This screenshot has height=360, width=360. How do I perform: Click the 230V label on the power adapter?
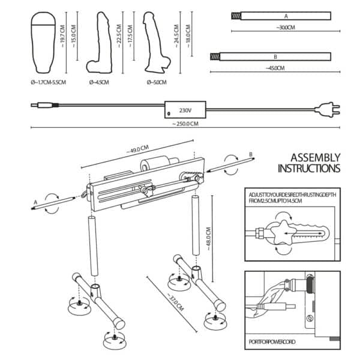tap(185, 110)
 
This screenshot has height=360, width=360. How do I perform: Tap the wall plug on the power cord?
tap(328, 110)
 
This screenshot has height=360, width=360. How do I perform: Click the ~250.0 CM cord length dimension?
tap(185, 124)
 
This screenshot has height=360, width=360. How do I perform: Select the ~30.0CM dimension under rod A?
tap(286, 28)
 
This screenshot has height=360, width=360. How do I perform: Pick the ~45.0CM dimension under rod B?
tap(275, 68)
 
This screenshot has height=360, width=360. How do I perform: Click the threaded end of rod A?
tap(236, 16)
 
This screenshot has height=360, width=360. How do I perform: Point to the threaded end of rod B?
tap(215, 57)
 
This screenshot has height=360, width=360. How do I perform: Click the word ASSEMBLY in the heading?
tap(315, 158)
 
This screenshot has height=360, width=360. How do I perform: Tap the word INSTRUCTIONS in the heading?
tap(309, 168)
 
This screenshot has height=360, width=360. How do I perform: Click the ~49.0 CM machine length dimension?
tap(138, 149)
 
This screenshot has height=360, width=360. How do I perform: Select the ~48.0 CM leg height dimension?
tap(208, 239)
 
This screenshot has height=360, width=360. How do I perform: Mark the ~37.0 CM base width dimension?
tap(176, 302)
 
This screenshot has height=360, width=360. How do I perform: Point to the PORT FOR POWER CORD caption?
tap(272, 342)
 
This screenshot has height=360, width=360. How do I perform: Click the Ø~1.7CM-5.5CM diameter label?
tap(49, 82)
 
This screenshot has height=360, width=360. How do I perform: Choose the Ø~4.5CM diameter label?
tap(99, 82)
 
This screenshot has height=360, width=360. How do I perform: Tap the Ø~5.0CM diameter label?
tap(157, 82)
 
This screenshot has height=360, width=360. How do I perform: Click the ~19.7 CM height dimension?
tap(62, 36)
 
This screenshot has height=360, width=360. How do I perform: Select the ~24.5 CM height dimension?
tap(176, 36)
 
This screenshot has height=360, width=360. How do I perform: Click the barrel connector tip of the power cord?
tap(34, 106)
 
